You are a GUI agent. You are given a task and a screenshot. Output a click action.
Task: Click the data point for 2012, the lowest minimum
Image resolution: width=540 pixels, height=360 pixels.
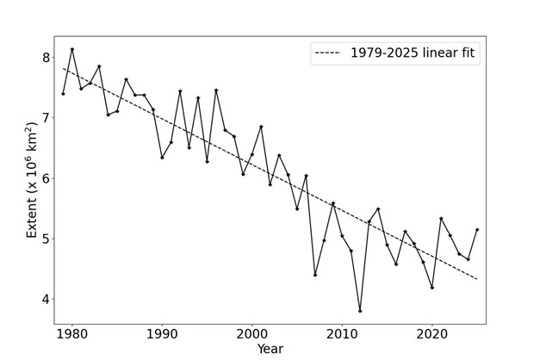pyautogui.click(x=360, y=311)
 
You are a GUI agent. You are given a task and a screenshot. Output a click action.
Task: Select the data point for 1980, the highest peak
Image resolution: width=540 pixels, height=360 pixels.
pyautogui.click(x=72, y=49)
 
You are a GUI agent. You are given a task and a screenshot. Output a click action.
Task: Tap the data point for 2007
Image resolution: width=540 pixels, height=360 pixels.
pyautogui.click(x=315, y=275)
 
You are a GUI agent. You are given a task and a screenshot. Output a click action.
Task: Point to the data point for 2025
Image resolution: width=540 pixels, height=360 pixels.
pyautogui.click(x=477, y=229)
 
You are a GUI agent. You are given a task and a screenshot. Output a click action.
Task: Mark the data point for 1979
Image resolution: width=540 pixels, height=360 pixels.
pyautogui.click(x=63, y=94)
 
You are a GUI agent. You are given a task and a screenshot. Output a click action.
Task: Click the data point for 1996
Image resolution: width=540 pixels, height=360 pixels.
pyautogui.click(x=216, y=90)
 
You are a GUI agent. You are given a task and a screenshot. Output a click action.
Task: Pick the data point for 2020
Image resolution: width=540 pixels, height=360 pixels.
pyautogui.click(x=432, y=288)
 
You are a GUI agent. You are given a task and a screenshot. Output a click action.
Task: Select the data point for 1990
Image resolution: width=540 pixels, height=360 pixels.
pyautogui.click(x=162, y=158)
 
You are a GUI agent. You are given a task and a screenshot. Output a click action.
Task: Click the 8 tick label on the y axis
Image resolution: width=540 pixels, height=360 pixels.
pyautogui.click(x=46, y=58)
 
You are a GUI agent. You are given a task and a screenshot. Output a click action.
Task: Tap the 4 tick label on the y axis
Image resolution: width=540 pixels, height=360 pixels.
pyautogui.click(x=46, y=300)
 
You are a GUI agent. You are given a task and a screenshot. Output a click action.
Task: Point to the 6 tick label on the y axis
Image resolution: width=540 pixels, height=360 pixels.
pyautogui.click(x=46, y=178)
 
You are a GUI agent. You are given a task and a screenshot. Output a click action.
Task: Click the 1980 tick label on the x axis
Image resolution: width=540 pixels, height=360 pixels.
pyautogui.click(x=72, y=333)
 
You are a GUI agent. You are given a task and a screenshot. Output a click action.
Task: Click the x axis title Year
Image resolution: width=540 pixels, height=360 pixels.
pyautogui.click(x=270, y=349)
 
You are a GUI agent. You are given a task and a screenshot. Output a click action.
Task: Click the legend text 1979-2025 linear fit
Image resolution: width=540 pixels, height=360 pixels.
pyautogui.click(x=413, y=53)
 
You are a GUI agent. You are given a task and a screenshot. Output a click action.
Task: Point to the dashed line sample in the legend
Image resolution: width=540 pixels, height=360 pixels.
pyautogui.click(x=329, y=53)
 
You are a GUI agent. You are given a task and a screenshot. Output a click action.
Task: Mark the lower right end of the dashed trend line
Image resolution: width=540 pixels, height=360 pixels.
pyautogui.click(x=477, y=279)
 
